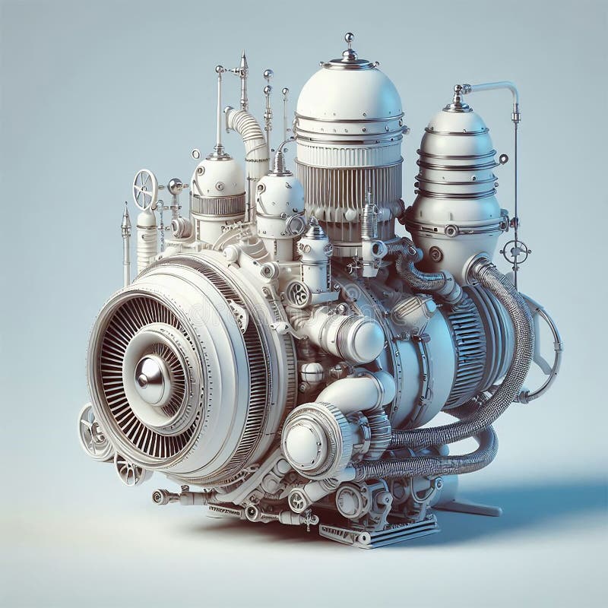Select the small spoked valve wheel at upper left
tap(144, 189)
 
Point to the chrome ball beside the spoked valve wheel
tap(176, 185)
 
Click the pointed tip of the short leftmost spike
tap(125, 206)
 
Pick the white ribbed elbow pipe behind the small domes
tap(247, 133)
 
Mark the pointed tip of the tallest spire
tap(243, 55)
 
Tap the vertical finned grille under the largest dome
tap(348, 190)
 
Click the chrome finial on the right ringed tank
tap(458, 93)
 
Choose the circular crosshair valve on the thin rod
tap(516, 251)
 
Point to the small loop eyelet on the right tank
tap(503, 159)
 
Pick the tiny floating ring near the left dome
tap(196, 154)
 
